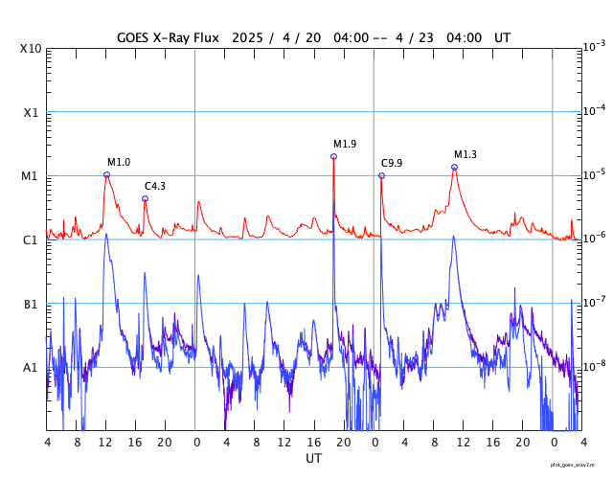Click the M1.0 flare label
119,163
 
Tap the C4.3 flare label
155,186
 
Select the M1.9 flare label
345,144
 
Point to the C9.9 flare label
392,163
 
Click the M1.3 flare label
465,154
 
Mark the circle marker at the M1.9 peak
333,156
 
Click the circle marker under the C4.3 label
145,198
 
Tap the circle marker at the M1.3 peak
454,167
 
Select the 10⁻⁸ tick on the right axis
594,366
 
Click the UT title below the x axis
313,459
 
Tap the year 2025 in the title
247,37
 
